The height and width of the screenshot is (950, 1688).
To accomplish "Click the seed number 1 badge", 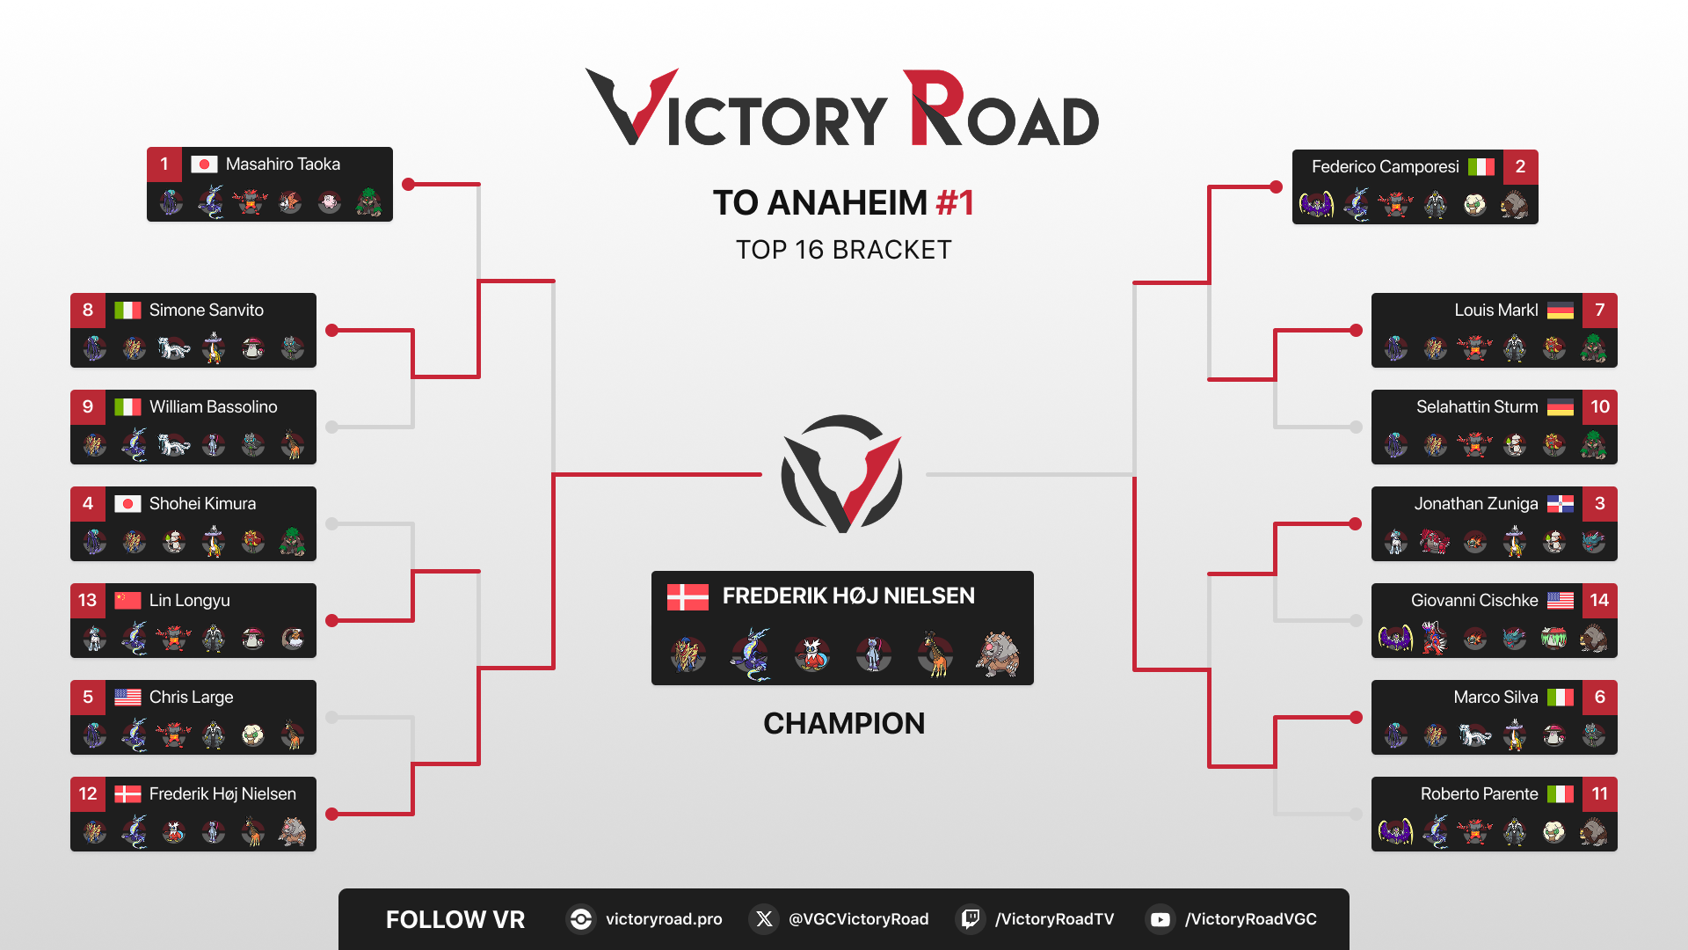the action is (x=164, y=164).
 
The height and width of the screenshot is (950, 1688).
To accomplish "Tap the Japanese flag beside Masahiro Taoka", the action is (x=204, y=164).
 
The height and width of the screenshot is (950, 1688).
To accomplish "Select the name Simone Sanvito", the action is (x=207, y=311).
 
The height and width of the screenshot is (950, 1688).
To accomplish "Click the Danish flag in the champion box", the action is (x=688, y=597).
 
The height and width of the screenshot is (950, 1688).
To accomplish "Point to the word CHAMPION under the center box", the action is (x=844, y=723).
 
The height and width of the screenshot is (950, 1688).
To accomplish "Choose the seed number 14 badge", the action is (x=1600, y=601).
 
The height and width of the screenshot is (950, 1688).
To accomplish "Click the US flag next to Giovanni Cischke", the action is (x=1561, y=601).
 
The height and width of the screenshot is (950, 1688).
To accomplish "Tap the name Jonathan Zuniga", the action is (x=1476, y=504).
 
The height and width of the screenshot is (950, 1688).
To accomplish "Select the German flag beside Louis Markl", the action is (x=1561, y=311).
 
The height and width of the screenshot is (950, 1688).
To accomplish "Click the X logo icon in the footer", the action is (x=764, y=919).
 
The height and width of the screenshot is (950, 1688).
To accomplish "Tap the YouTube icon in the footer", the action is (x=1160, y=919).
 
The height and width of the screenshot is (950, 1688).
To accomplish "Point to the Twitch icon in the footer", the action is (x=970, y=919).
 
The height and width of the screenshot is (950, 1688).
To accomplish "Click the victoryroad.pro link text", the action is (x=664, y=919).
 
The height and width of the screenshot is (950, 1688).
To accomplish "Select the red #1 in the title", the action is (x=955, y=203).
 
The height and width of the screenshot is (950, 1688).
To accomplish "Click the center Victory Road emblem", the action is (x=842, y=474).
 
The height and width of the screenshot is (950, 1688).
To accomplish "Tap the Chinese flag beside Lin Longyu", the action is (x=127, y=601).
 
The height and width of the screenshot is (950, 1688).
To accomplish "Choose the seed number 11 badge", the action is (x=1600, y=794).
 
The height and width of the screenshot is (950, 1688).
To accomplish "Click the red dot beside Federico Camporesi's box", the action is (x=1276, y=186).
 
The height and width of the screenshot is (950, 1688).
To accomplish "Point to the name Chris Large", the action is (x=192, y=698).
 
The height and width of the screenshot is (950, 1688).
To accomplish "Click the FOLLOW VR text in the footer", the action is (x=455, y=919).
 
